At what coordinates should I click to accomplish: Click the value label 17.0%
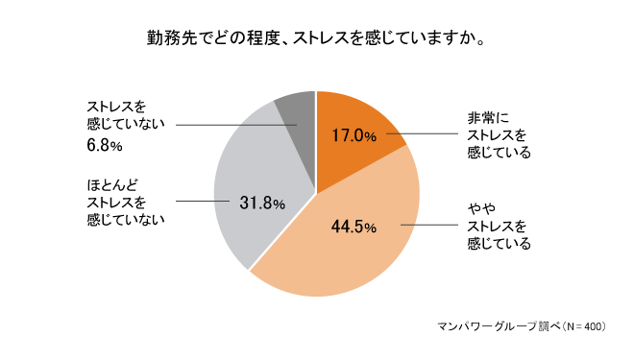tap(354, 135)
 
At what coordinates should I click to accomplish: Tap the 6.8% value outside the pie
tap(104, 146)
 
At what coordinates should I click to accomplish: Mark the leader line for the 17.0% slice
tap(423, 135)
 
